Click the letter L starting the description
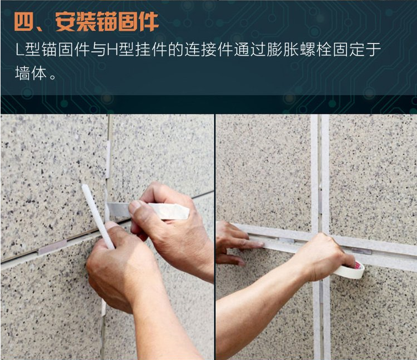[x=19, y=49]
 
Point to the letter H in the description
[x=112, y=49]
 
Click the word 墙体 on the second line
[x=31, y=73]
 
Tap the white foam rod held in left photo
[x=98, y=216]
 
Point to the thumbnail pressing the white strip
[x=135, y=208]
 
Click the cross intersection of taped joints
[x=320, y=240]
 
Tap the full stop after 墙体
[x=53, y=77]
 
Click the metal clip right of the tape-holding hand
[x=361, y=251]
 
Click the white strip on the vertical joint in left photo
[x=108, y=159]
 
